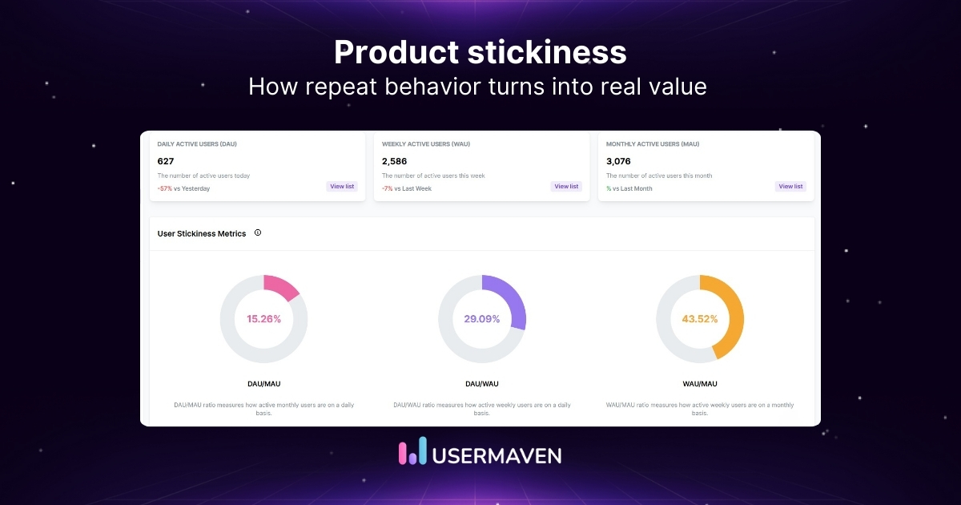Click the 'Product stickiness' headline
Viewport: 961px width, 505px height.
tap(480, 53)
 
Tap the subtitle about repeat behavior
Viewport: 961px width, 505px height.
tap(477, 87)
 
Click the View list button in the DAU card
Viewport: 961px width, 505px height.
tap(342, 186)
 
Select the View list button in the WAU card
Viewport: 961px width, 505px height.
tap(566, 186)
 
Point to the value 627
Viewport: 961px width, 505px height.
tap(166, 161)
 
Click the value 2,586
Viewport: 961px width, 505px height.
tap(394, 161)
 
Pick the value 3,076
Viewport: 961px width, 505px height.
tap(618, 161)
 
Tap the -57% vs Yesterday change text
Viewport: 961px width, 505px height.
tap(183, 188)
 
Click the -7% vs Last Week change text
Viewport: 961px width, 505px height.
tap(406, 188)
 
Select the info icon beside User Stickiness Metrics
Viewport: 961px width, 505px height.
tap(258, 232)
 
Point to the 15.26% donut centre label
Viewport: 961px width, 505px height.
tap(264, 319)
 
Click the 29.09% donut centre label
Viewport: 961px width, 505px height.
tap(482, 319)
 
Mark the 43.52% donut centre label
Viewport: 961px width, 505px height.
tap(700, 319)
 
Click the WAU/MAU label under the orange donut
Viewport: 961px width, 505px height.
tap(700, 384)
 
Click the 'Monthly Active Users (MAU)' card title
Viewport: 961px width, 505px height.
tap(653, 144)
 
